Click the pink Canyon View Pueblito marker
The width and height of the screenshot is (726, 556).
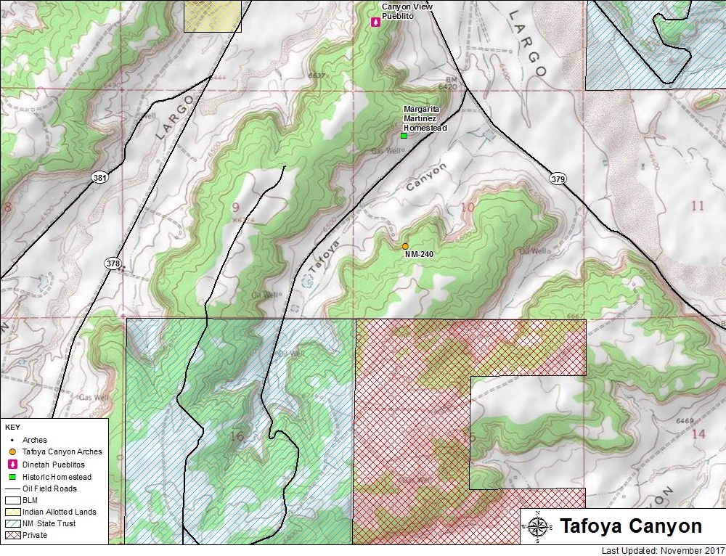(x=375, y=23)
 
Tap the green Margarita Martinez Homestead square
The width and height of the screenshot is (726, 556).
(x=404, y=135)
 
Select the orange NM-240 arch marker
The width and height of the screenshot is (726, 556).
(x=405, y=246)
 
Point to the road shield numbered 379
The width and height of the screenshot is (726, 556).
(x=558, y=179)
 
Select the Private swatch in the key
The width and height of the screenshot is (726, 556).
(x=12, y=535)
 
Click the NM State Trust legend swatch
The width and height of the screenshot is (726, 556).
(x=12, y=523)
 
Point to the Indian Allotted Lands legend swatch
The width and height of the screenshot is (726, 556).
(x=12, y=512)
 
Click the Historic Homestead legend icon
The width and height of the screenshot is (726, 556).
(x=12, y=477)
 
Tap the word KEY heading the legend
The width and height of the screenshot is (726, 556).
(x=12, y=428)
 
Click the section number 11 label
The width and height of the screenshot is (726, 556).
(x=697, y=206)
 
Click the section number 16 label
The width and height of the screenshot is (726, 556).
(x=236, y=436)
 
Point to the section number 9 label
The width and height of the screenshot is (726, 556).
(x=235, y=208)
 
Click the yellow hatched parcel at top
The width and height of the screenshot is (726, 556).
(x=212, y=15)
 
